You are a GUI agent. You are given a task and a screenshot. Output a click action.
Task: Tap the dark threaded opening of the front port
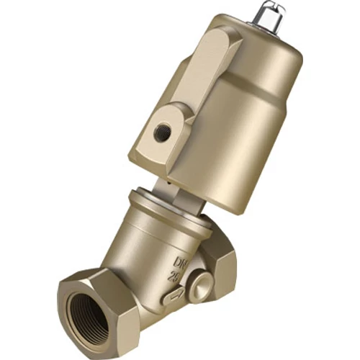pos(86,317)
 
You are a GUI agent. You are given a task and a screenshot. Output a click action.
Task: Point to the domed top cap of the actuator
pos(245,40)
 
